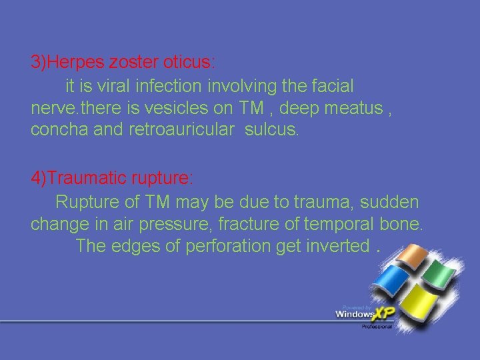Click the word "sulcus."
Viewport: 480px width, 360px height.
[x=273, y=130]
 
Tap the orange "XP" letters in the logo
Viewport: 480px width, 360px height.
[x=384, y=313]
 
